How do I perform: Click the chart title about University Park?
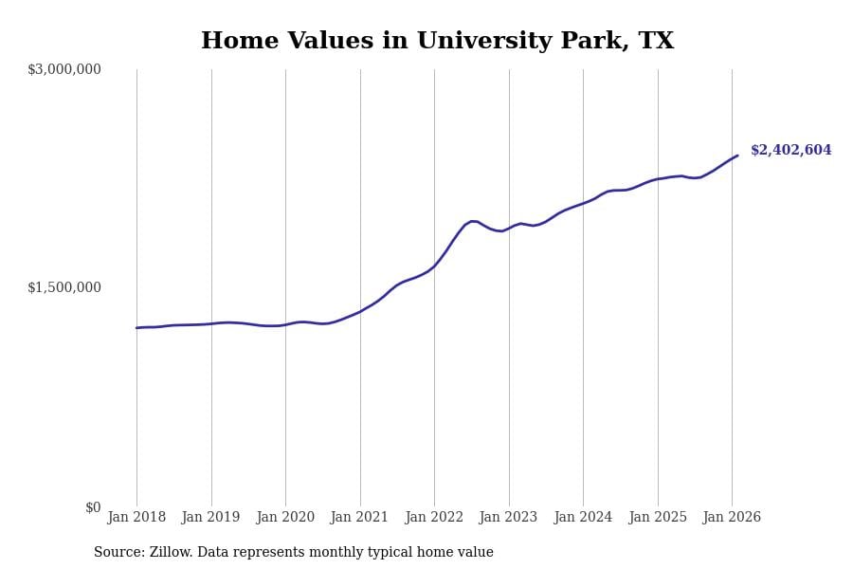(437, 42)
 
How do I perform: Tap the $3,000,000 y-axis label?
(64, 69)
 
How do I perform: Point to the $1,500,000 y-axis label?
(64, 287)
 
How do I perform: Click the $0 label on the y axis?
(93, 507)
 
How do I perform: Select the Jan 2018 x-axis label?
(136, 518)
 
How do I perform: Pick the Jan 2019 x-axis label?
(210, 518)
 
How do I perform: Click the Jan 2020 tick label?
(285, 518)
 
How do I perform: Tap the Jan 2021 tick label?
(359, 518)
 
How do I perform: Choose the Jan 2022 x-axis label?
(434, 518)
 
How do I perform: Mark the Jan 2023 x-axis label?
(508, 518)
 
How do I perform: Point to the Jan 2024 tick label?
(583, 518)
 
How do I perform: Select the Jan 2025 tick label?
(657, 518)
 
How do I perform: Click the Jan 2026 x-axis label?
(732, 518)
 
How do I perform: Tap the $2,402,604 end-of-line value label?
(790, 151)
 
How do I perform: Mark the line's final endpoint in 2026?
(737, 156)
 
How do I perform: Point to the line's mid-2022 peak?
(472, 221)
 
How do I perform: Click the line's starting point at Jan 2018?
(136, 328)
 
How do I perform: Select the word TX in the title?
(657, 42)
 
